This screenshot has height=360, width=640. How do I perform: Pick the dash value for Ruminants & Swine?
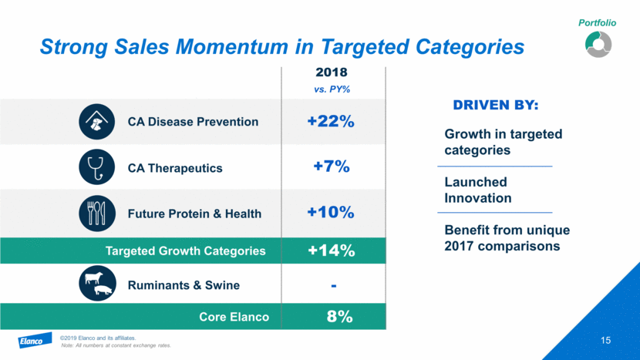333,285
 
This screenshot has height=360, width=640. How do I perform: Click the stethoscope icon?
96,167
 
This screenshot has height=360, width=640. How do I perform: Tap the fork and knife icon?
96,214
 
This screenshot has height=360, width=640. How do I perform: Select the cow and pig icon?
96,285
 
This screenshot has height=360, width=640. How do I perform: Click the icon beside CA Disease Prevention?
96,121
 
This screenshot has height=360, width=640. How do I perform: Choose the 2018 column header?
333,74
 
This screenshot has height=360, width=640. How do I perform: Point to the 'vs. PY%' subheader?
333,89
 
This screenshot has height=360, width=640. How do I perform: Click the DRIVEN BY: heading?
495,104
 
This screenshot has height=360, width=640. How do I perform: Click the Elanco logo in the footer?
34,341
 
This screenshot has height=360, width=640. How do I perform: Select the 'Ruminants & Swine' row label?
184,285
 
